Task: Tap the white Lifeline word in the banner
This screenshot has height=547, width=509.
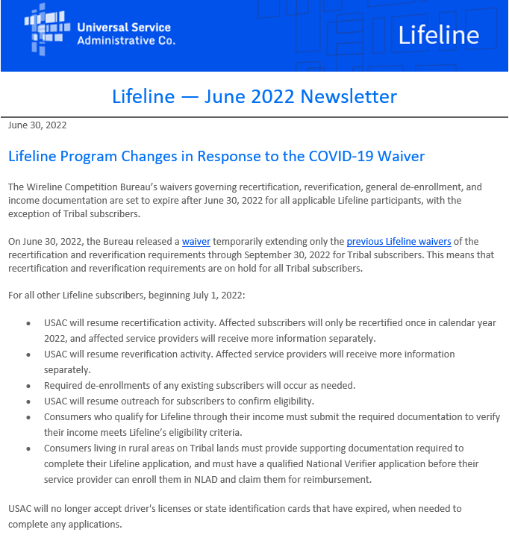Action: (x=438, y=35)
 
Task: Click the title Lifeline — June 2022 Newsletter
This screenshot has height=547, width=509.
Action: (x=254, y=96)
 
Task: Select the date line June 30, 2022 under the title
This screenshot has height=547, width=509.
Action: (x=37, y=125)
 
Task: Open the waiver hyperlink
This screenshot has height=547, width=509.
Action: (x=196, y=242)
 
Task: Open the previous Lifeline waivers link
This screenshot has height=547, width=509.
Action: (x=399, y=242)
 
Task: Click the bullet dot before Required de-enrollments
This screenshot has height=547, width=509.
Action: (x=28, y=387)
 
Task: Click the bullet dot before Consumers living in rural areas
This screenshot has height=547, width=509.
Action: (x=28, y=449)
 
